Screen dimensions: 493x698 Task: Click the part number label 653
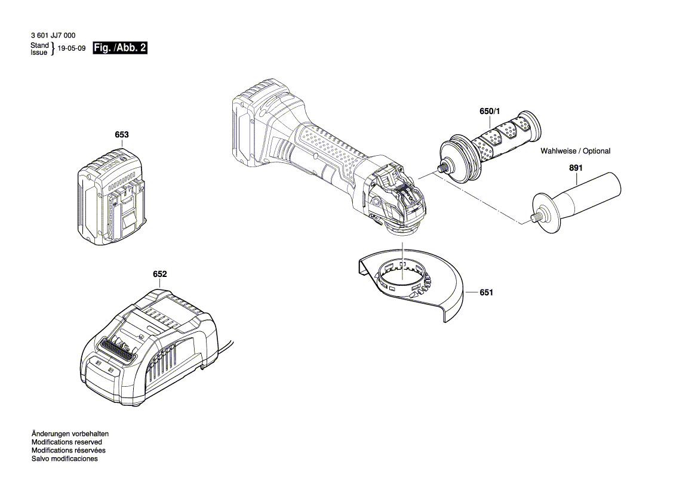(x=121, y=135)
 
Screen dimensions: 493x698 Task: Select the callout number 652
(x=159, y=274)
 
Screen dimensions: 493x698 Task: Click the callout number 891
(x=575, y=169)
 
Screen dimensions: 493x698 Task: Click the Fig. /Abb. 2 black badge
(x=119, y=48)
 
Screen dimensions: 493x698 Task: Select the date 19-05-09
(x=71, y=49)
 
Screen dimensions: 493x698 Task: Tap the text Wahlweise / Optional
(x=575, y=151)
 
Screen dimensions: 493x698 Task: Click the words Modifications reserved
(x=68, y=442)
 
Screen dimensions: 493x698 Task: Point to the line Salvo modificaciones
(x=64, y=459)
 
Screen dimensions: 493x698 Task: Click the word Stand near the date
(x=39, y=45)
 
